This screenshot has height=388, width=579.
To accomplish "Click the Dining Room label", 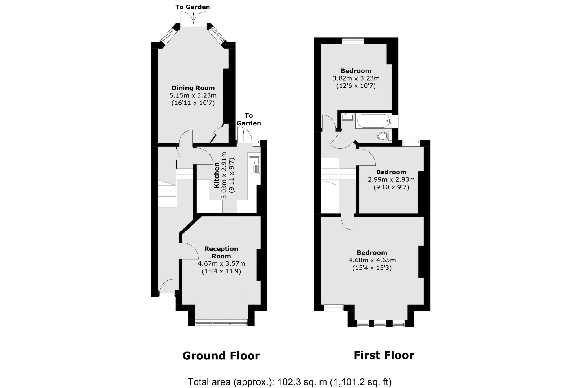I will click(x=193, y=88).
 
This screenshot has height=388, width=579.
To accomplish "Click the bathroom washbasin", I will click(x=347, y=117).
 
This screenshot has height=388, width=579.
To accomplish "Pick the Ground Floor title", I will click(x=221, y=356).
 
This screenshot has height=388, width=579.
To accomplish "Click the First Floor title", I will click(x=384, y=355).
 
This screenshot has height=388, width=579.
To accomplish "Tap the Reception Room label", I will click(x=221, y=252).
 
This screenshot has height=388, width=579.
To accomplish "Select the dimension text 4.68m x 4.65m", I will click(x=372, y=260).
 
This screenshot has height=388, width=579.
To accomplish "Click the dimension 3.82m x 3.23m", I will click(x=356, y=78).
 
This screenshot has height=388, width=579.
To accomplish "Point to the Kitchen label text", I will click(x=217, y=175).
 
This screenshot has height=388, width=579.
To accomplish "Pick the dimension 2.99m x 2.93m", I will click(x=391, y=179).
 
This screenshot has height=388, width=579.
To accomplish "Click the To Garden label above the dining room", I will click(x=193, y=7).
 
